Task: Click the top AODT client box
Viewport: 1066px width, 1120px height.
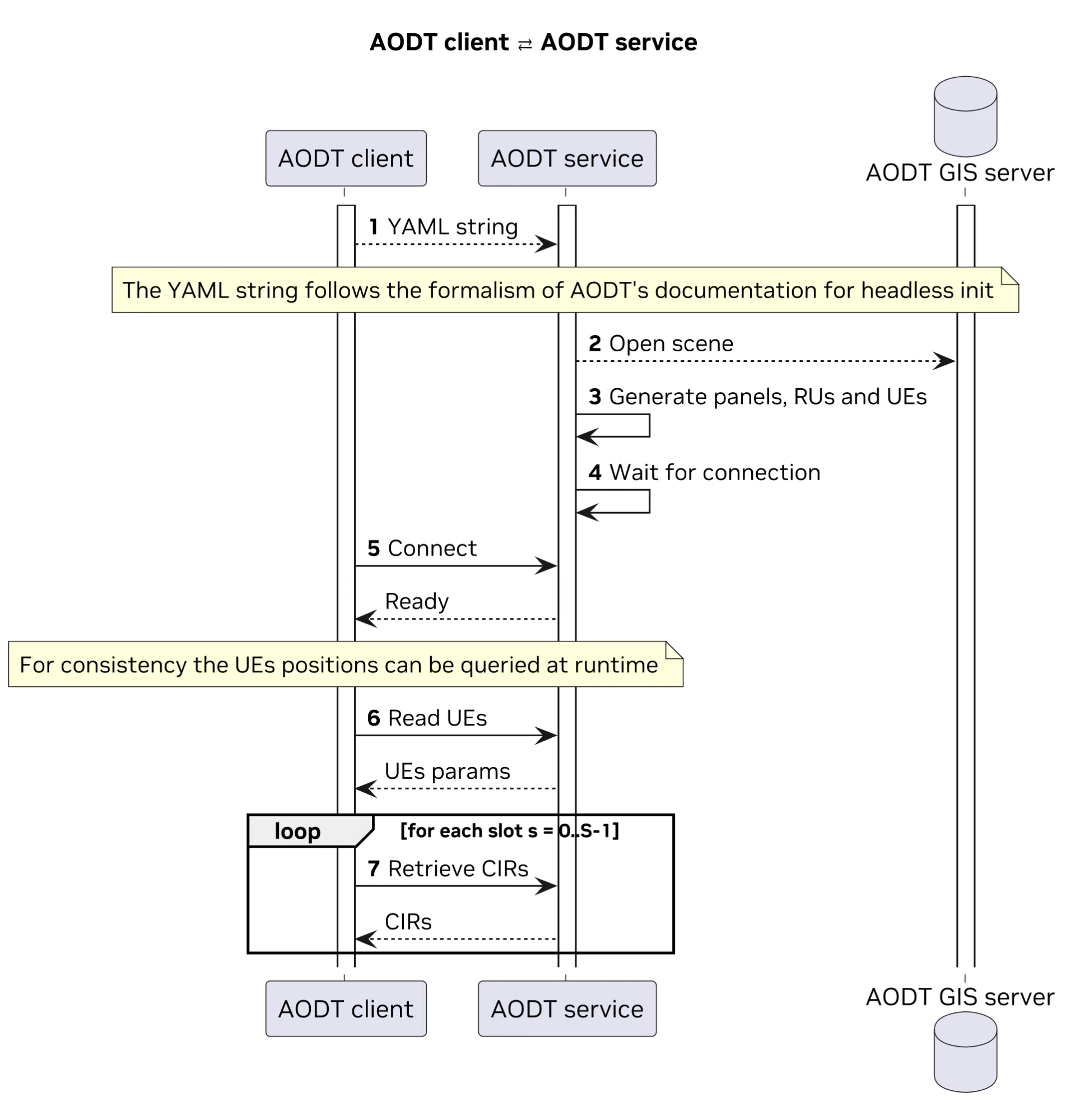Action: (x=346, y=158)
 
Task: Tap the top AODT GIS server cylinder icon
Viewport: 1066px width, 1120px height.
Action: (x=965, y=117)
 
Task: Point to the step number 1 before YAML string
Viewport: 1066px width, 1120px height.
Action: (x=373, y=227)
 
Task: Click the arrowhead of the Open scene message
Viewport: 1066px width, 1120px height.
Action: (x=944, y=361)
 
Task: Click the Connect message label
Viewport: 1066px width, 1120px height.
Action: (x=432, y=549)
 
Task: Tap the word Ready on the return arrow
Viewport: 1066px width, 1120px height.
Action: (x=417, y=601)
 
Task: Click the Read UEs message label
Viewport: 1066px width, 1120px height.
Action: (x=436, y=718)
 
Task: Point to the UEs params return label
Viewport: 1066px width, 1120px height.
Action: (x=447, y=771)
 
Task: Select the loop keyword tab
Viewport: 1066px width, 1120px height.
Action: (x=297, y=831)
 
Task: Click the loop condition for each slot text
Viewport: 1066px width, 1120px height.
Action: (x=509, y=831)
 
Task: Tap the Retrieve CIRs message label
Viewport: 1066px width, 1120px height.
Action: (x=458, y=869)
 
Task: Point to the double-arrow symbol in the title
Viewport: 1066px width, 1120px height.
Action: (x=524, y=44)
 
